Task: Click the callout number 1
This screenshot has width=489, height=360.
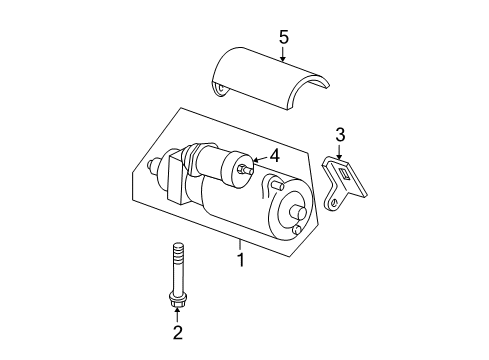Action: (x=239, y=259)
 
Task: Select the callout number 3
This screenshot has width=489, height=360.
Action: (x=340, y=133)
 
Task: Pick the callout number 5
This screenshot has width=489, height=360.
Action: (x=283, y=38)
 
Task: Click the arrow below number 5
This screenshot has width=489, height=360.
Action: (x=283, y=55)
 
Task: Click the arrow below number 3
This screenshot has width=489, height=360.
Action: (x=340, y=151)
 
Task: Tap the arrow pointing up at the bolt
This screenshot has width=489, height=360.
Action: (x=178, y=312)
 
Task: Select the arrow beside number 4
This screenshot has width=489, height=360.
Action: (x=258, y=157)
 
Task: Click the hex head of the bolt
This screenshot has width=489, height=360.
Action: (x=178, y=297)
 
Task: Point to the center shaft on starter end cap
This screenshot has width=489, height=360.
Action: (x=299, y=213)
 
